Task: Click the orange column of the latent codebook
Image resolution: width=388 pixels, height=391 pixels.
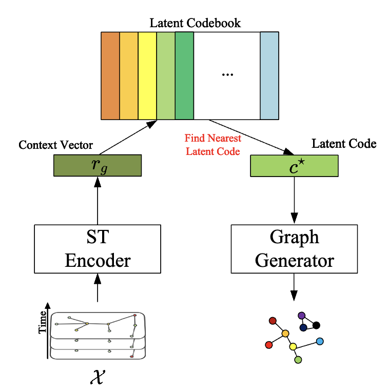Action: point(110,75)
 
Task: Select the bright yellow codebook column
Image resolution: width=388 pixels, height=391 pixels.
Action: point(147,75)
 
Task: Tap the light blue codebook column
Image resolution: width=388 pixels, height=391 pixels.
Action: point(269,75)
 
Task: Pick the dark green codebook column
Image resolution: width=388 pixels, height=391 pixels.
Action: point(184,75)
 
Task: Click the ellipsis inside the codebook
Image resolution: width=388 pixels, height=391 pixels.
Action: point(227,75)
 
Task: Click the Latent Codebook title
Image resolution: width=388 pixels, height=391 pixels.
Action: point(195,23)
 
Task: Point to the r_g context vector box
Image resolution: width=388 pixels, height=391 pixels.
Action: point(97,166)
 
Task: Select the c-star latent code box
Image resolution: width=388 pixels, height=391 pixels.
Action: point(294,166)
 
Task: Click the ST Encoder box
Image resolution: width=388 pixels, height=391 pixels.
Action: point(97,248)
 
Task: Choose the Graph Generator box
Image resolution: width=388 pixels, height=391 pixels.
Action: point(294,248)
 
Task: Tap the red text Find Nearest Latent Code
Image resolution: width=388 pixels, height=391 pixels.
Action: point(213,145)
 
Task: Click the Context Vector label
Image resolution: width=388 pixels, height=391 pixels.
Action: point(55,145)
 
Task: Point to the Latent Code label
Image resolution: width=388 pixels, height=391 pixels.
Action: point(344,144)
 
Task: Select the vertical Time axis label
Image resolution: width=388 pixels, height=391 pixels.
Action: point(43,323)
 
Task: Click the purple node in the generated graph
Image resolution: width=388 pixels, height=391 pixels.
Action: point(301,316)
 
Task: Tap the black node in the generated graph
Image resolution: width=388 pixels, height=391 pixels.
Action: point(316,325)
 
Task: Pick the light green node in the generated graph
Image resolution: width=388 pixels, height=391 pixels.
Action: point(298,360)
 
